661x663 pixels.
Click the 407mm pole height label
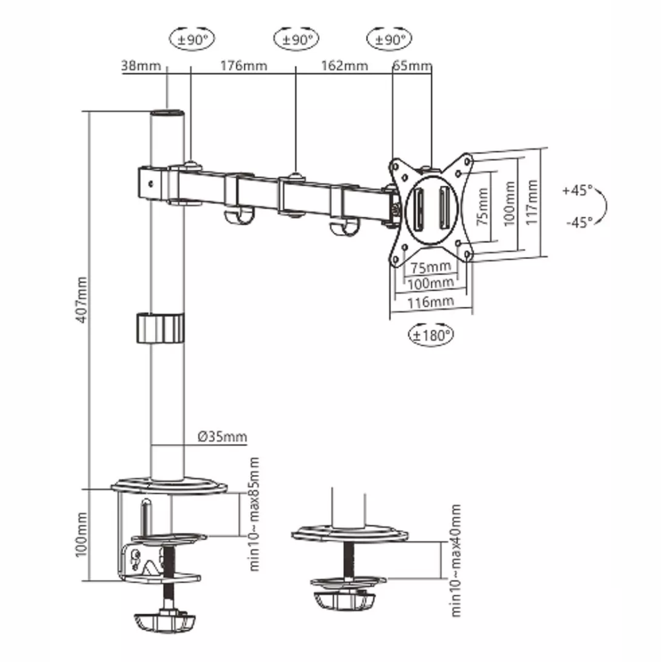pyautogui.click(x=82, y=300)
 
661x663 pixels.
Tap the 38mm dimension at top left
pyautogui.click(x=141, y=66)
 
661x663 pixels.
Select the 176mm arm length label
pyautogui.click(x=244, y=66)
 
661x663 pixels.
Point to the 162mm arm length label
pyautogui.click(x=344, y=66)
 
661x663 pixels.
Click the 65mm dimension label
pyautogui.click(x=412, y=66)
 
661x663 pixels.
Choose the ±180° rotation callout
pyautogui.click(x=431, y=335)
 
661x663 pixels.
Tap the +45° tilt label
pyautogui.click(x=577, y=191)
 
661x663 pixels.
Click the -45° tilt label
pyautogui.click(x=580, y=222)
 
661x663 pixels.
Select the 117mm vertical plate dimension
pyautogui.click(x=532, y=202)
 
